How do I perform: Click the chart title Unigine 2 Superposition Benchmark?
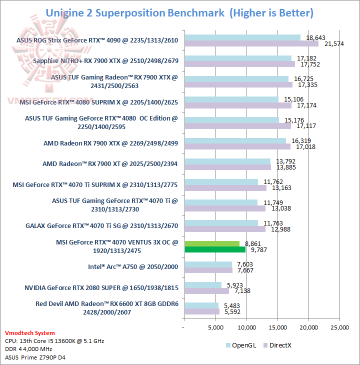[x=135, y=12]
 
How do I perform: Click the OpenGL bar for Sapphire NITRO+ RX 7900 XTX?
[x=238, y=58]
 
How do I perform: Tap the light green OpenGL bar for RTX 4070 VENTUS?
[x=212, y=243]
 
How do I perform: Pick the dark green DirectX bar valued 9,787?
[x=215, y=249]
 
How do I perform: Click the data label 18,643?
[x=315, y=37]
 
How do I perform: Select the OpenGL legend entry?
[x=242, y=345]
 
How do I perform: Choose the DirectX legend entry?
[x=280, y=345]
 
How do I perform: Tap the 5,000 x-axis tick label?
[x=215, y=327]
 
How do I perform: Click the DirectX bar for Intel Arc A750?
[x=208, y=270]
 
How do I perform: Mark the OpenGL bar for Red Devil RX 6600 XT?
[x=201, y=305]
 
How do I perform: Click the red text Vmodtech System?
[x=30, y=333]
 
